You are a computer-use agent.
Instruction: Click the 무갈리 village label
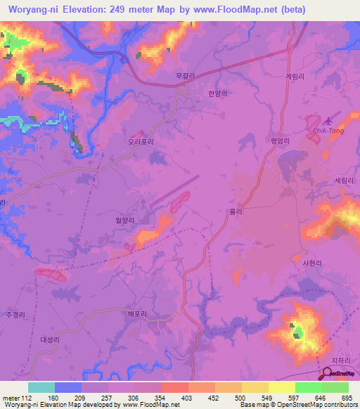tap(185, 74)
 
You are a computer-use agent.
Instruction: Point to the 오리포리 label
tap(141, 141)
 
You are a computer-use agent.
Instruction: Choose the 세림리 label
tap(345, 180)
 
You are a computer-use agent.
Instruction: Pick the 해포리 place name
tap(137, 314)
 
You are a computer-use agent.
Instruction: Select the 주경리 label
tap(14, 314)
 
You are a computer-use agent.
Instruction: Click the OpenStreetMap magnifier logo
tap(328, 372)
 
